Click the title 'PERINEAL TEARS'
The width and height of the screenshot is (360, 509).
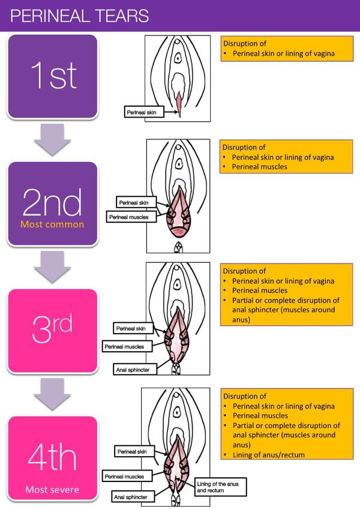pyautogui.click(x=80, y=16)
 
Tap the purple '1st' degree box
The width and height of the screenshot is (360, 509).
pyautogui.click(x=52, y=77)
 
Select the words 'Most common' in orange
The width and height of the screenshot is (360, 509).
pyautogui.click(x=52, y=224)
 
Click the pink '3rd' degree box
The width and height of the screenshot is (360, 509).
pyautogui.click(x=52, y=331)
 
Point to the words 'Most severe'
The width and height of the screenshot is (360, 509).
pyautogui.click(x=52, y=490)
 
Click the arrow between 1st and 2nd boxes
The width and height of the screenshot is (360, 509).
pyautogui.click(x=52, y=140)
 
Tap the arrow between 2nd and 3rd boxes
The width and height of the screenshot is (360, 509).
pyautogui.click(x=52, y=267)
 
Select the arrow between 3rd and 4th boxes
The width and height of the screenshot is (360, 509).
pyautogui.click(x=52, y=394)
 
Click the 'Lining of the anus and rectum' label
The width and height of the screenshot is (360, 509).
pyautogui.click(x=220, y=487)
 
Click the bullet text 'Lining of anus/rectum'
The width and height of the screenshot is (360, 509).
pyautogui.click(x=269, y=455)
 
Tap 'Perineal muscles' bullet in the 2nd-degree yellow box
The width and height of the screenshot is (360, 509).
pyautogui.click(x=259, y=167)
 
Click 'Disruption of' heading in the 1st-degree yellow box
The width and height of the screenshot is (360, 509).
pyautogui.click(x=245, y=43)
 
